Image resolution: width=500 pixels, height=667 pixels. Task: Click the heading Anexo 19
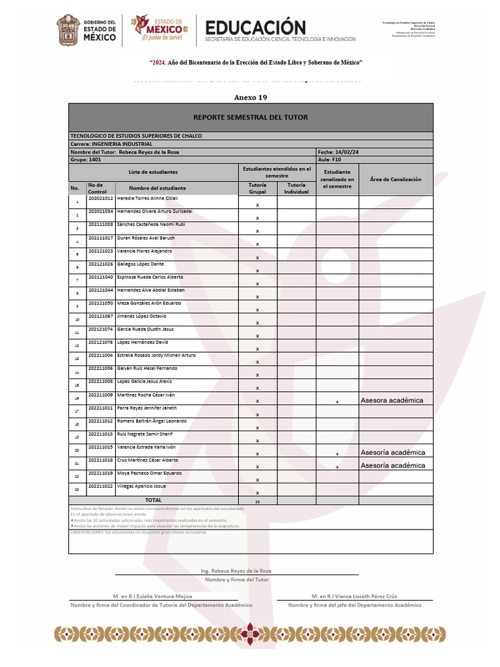(250, 98)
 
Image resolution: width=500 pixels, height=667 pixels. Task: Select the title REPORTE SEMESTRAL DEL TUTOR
(251, 117)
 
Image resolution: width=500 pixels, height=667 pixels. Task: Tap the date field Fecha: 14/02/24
(339, 152)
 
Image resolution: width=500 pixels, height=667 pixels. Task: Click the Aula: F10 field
(329, 159)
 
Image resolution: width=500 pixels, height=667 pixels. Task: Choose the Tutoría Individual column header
(296, 188)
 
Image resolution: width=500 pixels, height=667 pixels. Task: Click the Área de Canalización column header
(395, 179)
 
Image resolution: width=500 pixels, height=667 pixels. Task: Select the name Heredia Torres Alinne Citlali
(147, 198)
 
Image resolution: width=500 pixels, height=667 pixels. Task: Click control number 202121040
(100, 277)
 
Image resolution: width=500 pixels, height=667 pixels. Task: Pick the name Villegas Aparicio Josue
(141, 486)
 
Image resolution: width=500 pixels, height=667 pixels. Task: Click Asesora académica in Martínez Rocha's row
(392, 401)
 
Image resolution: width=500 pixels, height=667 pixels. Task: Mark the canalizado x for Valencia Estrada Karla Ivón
(337, 454)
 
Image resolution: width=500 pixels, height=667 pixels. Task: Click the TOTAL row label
(153, 500)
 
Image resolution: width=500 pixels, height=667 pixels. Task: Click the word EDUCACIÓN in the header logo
(255, 27)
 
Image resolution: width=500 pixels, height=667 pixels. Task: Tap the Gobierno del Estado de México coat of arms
(68, 31)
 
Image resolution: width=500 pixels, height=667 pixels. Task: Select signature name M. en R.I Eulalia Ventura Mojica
(152, 596)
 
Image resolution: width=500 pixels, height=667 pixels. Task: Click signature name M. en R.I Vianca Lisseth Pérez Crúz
(354, 596)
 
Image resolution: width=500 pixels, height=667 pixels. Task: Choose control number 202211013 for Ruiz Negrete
(100, 434)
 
